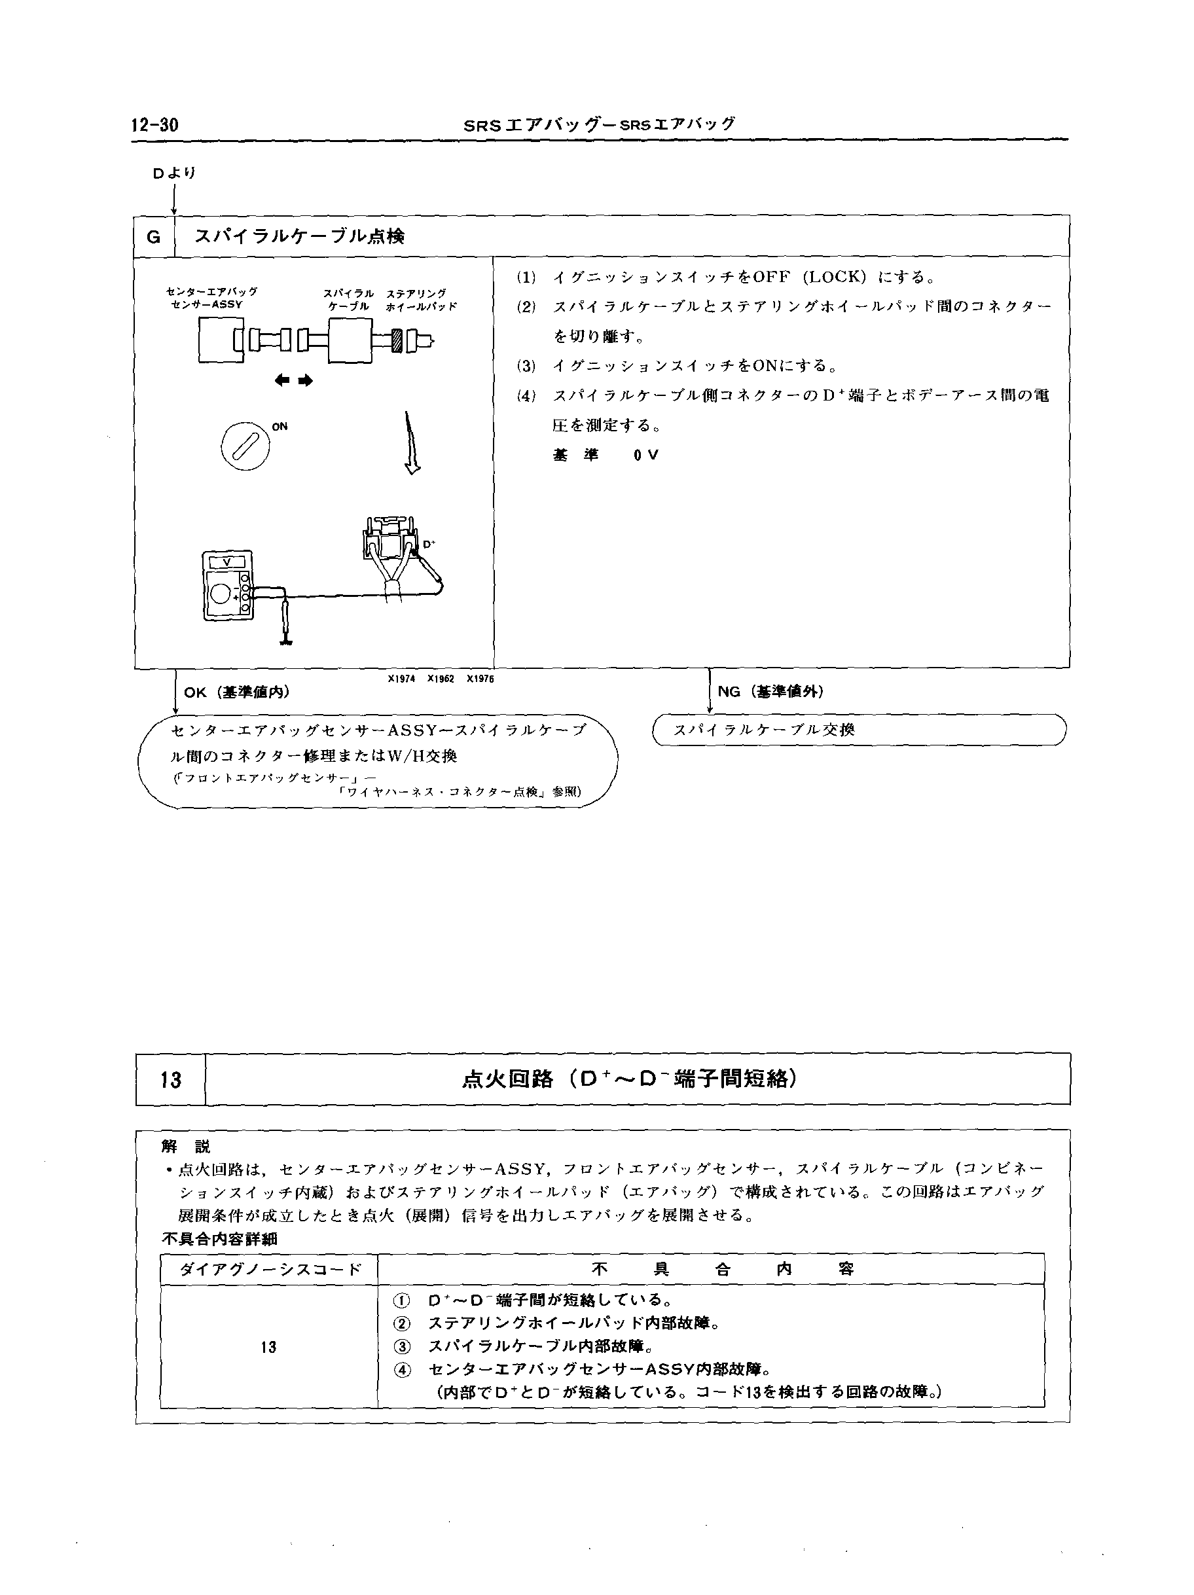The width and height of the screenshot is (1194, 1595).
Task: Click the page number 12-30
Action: click(154, 125)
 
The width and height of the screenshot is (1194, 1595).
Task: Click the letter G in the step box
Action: click(154, 236)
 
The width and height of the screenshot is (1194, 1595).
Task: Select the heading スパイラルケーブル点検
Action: click(299, 236)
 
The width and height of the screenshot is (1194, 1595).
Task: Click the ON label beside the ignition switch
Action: click(280, 427)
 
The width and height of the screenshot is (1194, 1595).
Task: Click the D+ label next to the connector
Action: click(428, 545)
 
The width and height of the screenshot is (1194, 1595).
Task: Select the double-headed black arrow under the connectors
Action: click(293, 381)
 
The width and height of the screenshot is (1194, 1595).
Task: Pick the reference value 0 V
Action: click(646, 456)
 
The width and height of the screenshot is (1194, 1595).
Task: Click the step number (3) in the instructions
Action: click(526, 366)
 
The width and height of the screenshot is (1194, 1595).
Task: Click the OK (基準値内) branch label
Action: click(236, 692)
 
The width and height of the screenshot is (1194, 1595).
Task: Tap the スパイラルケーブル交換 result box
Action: click(858, 730)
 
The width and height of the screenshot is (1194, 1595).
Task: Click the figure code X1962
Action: click(441, 679)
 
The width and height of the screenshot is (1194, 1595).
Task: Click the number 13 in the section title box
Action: click(171, 1079)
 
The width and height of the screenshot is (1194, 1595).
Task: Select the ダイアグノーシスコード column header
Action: click(269, 1270)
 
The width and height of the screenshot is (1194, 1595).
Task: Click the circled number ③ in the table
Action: click(402, 1346)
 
